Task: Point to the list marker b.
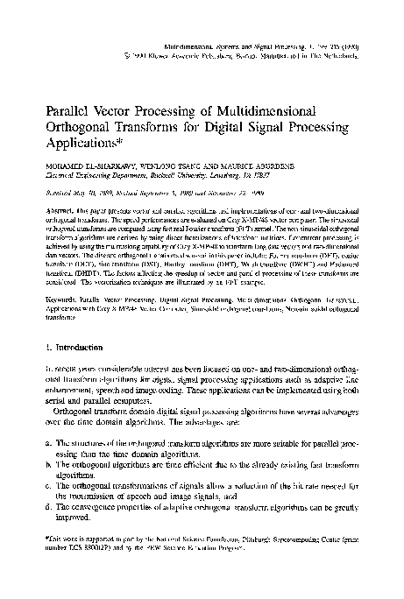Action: click(x=46, y=483)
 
